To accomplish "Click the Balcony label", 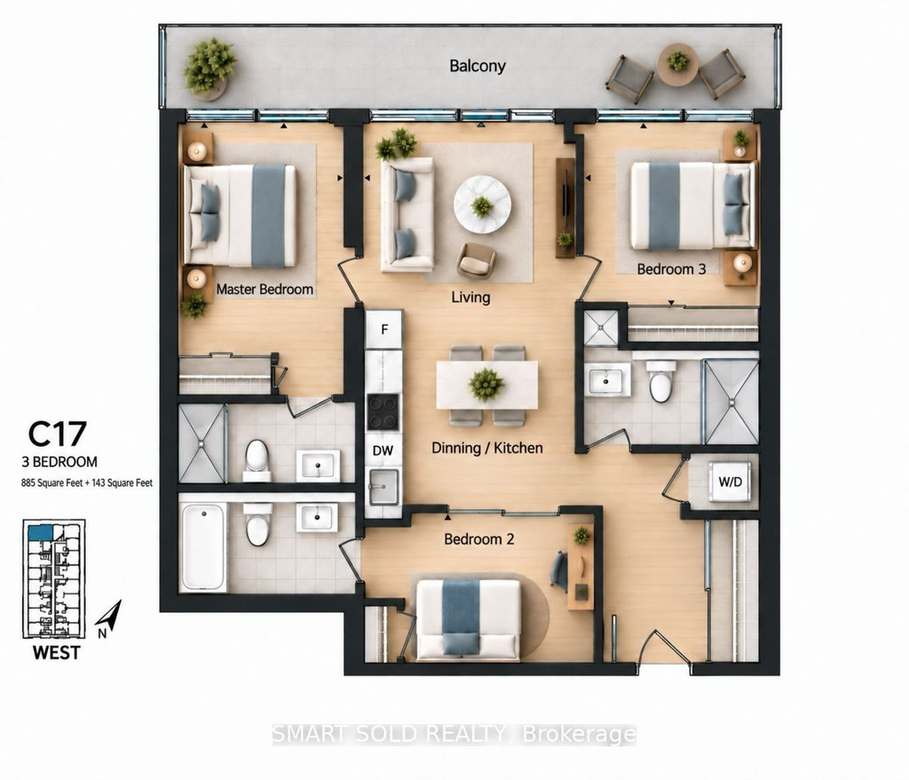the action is [477, 66].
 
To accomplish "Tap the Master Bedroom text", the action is [265, 289].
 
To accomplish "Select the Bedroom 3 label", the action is [671, 269].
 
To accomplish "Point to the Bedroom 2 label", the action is [478, 539].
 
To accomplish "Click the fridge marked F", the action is [383, 330].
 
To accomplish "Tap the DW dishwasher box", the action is [383, 450].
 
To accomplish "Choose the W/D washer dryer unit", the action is [730, 482].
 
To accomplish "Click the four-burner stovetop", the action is [383, 411].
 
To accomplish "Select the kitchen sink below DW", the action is [383, 486].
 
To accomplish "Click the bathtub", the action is [203, 547].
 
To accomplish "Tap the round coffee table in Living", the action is [482, 205].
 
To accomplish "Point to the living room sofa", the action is [407, 215].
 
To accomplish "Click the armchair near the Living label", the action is [476, 260].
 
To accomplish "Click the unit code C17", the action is [58, 434].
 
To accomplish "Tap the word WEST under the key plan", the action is [56, 652].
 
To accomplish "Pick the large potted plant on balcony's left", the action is [209, 67].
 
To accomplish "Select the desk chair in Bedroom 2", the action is [559, 571].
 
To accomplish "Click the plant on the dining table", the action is [486, 385].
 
